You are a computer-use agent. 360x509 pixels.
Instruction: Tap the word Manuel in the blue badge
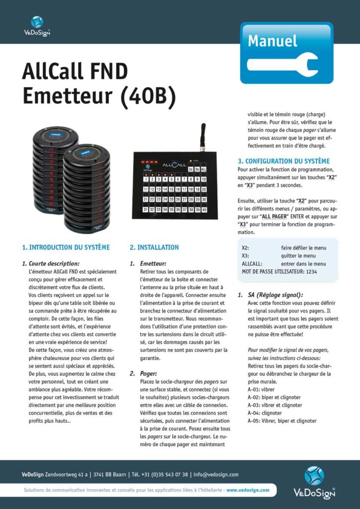pyautogui.click(x=272, y=40)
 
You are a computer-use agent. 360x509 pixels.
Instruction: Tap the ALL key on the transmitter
pyautogui.click(x=204, y=170)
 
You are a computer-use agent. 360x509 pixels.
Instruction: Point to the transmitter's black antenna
pyautogui.click(x=203, y=137)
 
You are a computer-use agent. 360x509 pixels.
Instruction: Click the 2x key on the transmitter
pyautogui.click(x=190, y=170)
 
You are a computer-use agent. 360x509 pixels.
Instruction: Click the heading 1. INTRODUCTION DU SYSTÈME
pyautogui.click(x=66, y=247)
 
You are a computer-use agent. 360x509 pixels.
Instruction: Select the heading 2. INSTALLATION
pyautogui.click(x=154, y=247)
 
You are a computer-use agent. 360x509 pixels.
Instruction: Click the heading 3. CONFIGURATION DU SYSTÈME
pyautogui.click(x=283, y=161)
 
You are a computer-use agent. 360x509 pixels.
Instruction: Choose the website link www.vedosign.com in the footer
pyautogui.click(x=248, y=490)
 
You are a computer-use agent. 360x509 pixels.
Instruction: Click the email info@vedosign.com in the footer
pyautogui.click(x=216, y=474)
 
